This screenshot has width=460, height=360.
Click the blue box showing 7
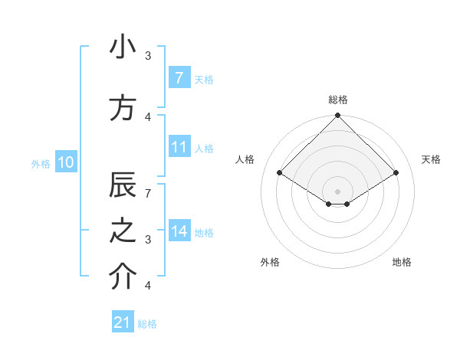[x=179, y=77]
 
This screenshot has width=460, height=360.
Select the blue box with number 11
[x=179, y=147]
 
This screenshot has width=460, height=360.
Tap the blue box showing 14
[x=179, y=231]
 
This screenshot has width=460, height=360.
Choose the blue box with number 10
[x=65, y=162]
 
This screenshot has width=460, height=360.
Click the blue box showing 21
[x=123, y=322]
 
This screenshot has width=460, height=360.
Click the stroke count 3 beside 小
[x=148, y=56]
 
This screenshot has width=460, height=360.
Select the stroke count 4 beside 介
[x=148, y=285]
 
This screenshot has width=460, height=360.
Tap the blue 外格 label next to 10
[x=40, y=163]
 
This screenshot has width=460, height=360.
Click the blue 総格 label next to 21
[x=147, y=324]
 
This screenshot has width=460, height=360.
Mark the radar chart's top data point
[x=337, y=116]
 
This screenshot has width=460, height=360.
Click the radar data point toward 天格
[x=396, y=173]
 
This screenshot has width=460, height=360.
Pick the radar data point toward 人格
[x=279, y=173]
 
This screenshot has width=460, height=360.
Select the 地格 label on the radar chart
[x=402, y=263]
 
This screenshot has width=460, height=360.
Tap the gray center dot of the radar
[x=337, y=190]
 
